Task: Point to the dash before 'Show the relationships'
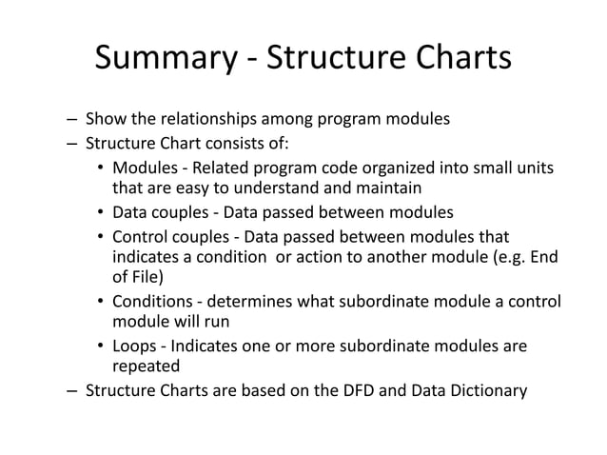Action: pyautogui.click(x=72, y=121)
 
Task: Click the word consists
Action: pyautogui.click(x=234, y=145)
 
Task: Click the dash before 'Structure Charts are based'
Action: pyautogui.click(x=72, y=390)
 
